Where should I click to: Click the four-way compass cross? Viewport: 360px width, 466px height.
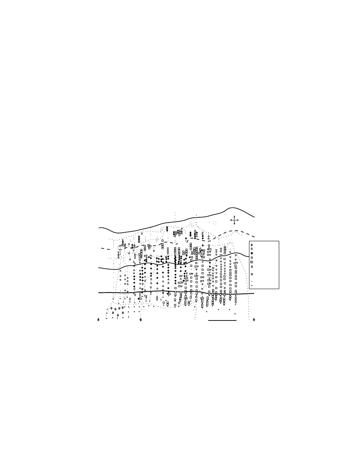point(234,220)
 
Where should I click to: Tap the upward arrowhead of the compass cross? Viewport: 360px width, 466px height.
point(234,216)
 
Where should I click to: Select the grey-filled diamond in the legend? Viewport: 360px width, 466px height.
point(251,245)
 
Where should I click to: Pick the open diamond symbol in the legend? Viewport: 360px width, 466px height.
point(251,249)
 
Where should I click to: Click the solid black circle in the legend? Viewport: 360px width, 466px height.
point(251,253)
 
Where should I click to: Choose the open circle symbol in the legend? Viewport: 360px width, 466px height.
point(251,258)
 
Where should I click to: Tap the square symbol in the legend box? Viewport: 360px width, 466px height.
point(251,262)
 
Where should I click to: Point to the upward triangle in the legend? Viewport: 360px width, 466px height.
point(251,266)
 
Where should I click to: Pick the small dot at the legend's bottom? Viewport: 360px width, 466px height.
point(251,285)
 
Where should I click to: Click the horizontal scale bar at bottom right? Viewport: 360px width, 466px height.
point(222,320)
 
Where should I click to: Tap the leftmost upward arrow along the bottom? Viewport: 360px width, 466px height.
point(98,319)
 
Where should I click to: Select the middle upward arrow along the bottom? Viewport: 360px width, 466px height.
point(140,319)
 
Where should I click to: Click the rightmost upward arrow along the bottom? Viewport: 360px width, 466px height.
point(254,319)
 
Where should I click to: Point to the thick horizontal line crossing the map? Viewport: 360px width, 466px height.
point(176,293)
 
